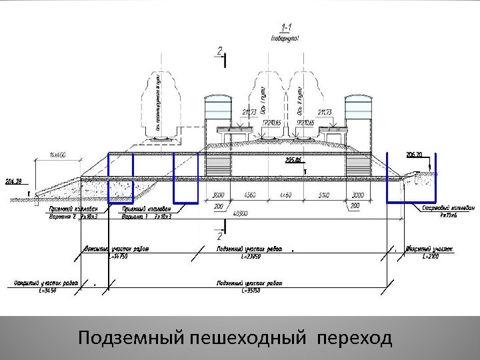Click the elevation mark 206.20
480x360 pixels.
[414, 154]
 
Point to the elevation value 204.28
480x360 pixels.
[13, 181]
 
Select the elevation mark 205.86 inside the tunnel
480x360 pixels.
[293, 160]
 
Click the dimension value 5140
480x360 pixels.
[322, 195]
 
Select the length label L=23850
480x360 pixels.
[249, 256]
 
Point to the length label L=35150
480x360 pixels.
[249, 291]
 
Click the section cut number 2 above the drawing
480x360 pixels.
[220, 51]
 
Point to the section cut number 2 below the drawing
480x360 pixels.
[219, 236]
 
